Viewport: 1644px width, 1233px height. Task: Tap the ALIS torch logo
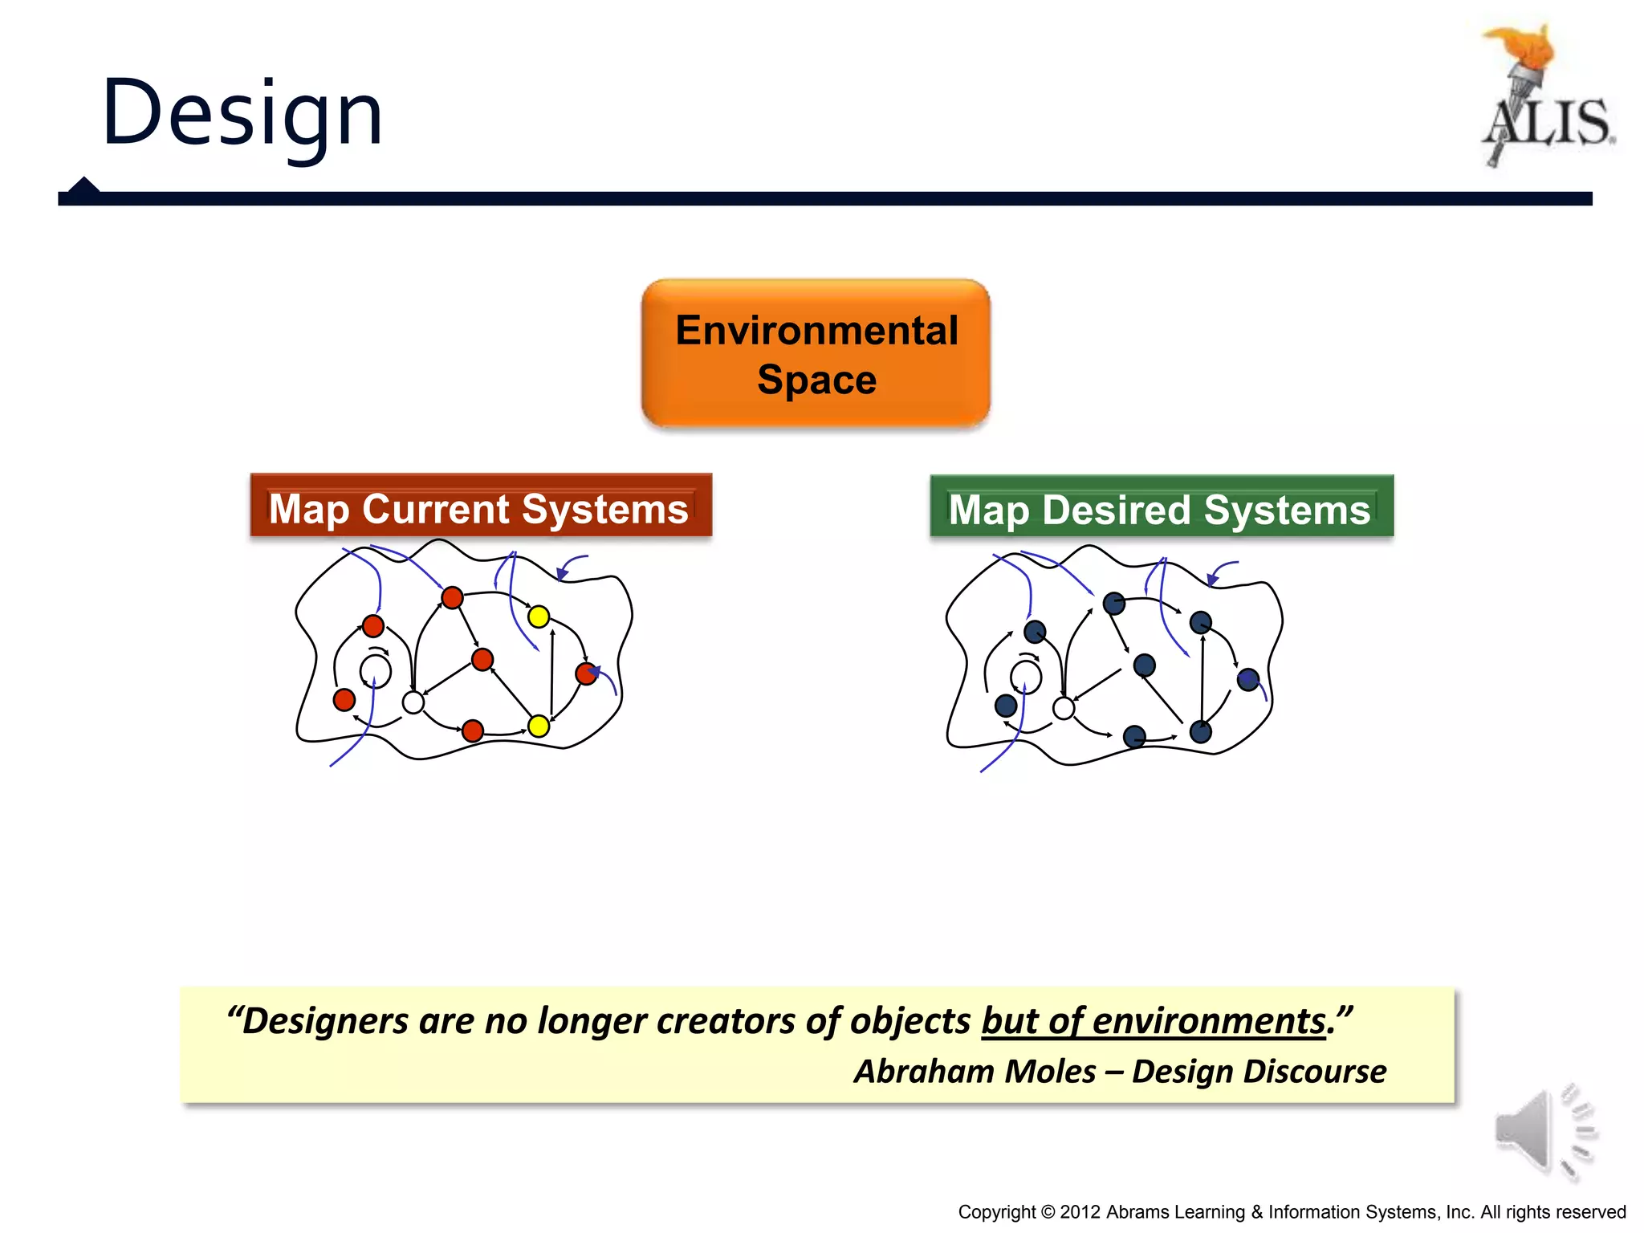click(x=1545, y=96)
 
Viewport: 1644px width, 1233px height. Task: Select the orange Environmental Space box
click(x=816, y=353)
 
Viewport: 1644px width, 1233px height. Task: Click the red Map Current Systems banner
click(x=480, y=506)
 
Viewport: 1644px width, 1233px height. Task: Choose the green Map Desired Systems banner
click(x=1161, y=507)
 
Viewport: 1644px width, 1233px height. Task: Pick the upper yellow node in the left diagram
click(x=539, y=616)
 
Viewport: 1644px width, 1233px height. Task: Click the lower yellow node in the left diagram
click(x=539, y=726)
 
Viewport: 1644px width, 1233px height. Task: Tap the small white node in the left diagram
click(x=413, y=702)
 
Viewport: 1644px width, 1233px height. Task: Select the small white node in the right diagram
click(x=1063, y=708)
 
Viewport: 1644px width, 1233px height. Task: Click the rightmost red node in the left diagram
click(x=587, y=673)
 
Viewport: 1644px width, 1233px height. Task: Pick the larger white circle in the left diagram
click(x=375, y=671)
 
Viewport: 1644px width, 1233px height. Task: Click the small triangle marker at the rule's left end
click(x=83, y=185)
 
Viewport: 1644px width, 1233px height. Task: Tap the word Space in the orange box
click(x=816, y=380)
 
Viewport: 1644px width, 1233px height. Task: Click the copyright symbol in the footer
click(x=1048, y=1212)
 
